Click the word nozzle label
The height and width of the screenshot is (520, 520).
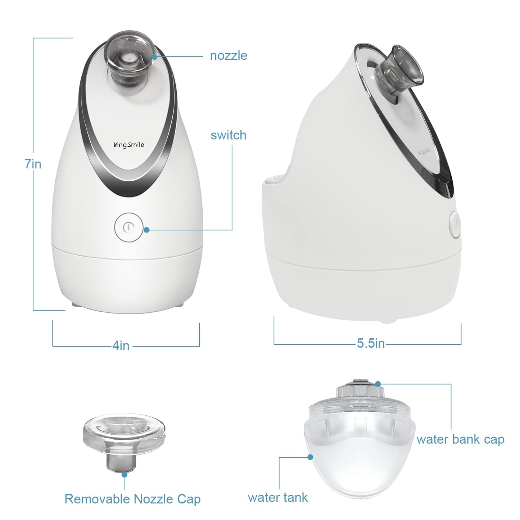point(229,56)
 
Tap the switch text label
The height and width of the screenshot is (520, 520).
point(229,135)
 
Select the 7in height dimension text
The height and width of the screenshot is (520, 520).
point(33,164)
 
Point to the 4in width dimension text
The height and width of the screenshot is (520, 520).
point(121,345)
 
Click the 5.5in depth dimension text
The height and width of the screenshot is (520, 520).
point(371,343)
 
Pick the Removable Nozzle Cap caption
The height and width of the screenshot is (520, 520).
point(132,499)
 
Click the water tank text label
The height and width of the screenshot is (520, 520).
point(277,497)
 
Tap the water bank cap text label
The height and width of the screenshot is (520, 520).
point(460,439)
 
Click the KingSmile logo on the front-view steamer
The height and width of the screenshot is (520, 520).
point(128,145)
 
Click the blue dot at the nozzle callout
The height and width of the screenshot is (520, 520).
point(154,56)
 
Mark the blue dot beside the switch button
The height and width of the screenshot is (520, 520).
point(146,230)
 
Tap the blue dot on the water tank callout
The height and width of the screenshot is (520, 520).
point(310,457)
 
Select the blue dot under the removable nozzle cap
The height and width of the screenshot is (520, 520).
point(124,475)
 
